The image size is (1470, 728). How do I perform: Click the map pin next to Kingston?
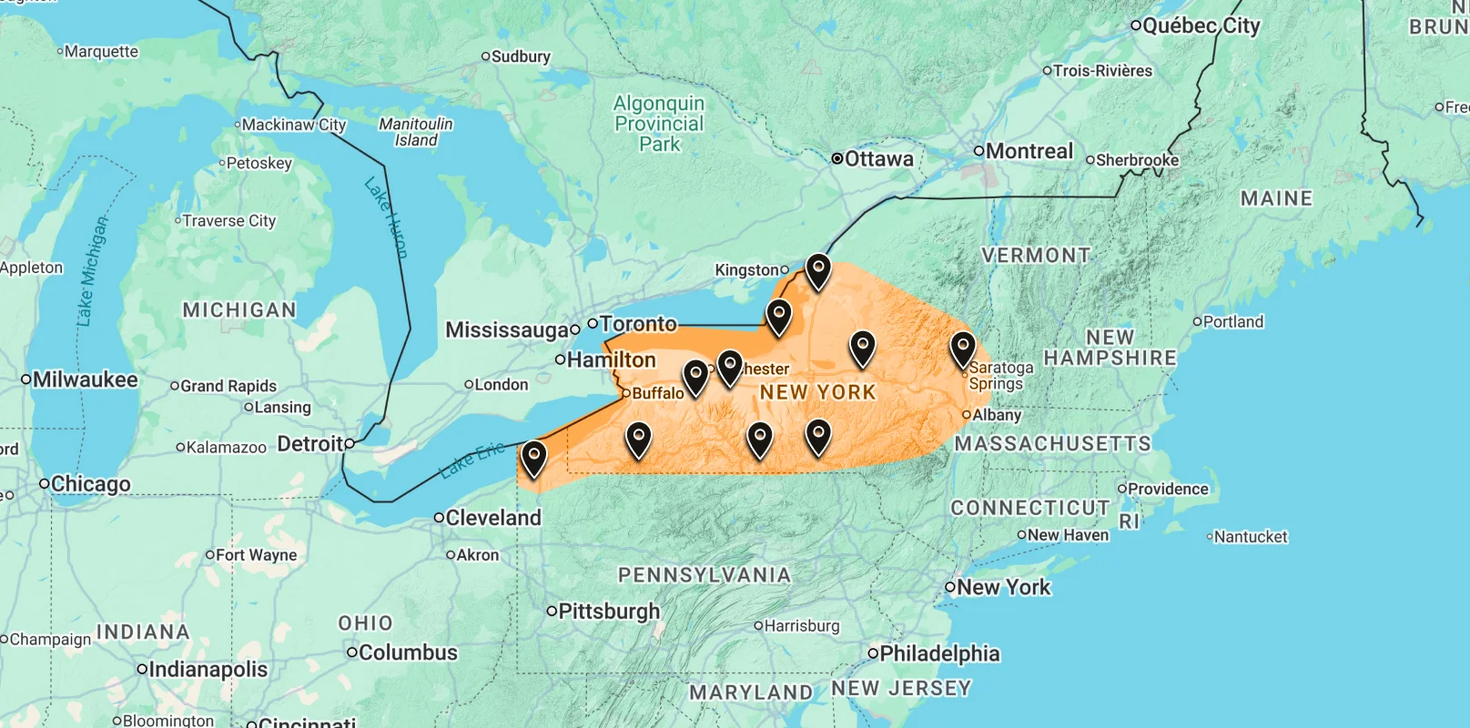coord(818,270)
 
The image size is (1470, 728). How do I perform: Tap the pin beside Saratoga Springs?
coord(962,349)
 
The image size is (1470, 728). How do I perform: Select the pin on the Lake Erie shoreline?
coord(533,458)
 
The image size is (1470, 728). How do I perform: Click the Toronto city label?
coord(638,324)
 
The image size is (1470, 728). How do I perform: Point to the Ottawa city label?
coord(878,159)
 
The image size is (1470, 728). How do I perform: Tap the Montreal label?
coord(1029,151)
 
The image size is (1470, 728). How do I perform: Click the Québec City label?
coord(1201,25)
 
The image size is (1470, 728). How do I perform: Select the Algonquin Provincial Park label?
coord(659,124)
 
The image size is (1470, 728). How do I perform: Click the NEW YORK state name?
coord(817,392)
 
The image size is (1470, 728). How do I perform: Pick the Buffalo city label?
coord(657,393)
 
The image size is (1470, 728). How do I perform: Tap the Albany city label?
coord(997,415)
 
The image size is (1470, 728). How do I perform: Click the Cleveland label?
coord(493,518)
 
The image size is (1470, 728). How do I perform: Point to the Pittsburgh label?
coord(608,612)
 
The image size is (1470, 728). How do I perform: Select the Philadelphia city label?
coord(939,653)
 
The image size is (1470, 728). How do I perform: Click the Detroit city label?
coord(310,444)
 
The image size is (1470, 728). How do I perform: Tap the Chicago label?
coord(90,484)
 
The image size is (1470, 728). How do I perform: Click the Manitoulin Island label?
coord(416,132)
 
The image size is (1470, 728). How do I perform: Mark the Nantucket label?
coord(1251,537)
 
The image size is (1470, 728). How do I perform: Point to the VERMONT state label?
coord(1036,256)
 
